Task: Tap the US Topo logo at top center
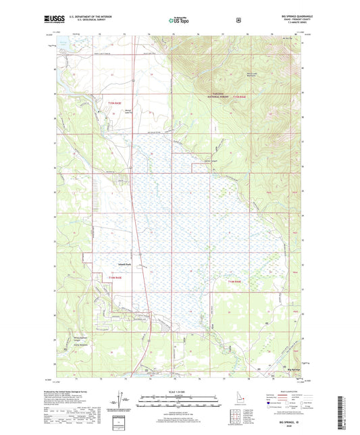click(x=179, y=21)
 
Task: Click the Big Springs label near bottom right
click(x=293, y=369)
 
